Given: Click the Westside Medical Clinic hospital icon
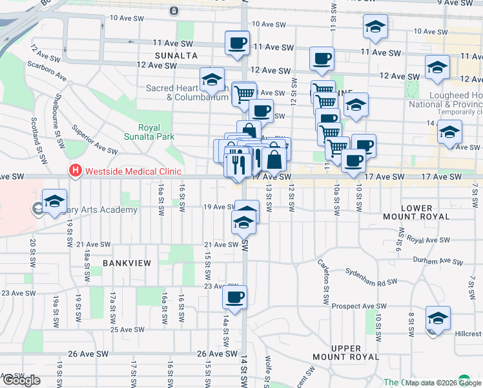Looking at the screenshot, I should pyautogui.click(x=75, y=171).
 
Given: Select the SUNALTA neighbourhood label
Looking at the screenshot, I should pyautogui.click(x=176, y=56).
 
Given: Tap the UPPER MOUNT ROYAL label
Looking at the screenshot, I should pyautogui.click(x=355, y=352).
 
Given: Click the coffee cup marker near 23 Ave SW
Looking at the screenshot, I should pyautogui.click(x=234, y=298).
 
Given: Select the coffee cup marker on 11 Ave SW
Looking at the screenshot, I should pyautogui.click(x=237, y=43).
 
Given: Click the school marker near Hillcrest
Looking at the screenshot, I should pyautogui.click(x=438, y=318).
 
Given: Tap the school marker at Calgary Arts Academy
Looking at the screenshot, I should pyautogui.click(x=55, y=200).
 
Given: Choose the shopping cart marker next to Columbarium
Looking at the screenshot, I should pyautogui.click(x=243, y=94).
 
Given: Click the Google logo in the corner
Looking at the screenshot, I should pyautogui.click(x=21, y=380).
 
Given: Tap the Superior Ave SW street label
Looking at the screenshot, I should pyautogui.click(x=94, y=139).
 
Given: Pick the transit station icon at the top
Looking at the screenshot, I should pyautogui.click(x=174, y=11).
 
